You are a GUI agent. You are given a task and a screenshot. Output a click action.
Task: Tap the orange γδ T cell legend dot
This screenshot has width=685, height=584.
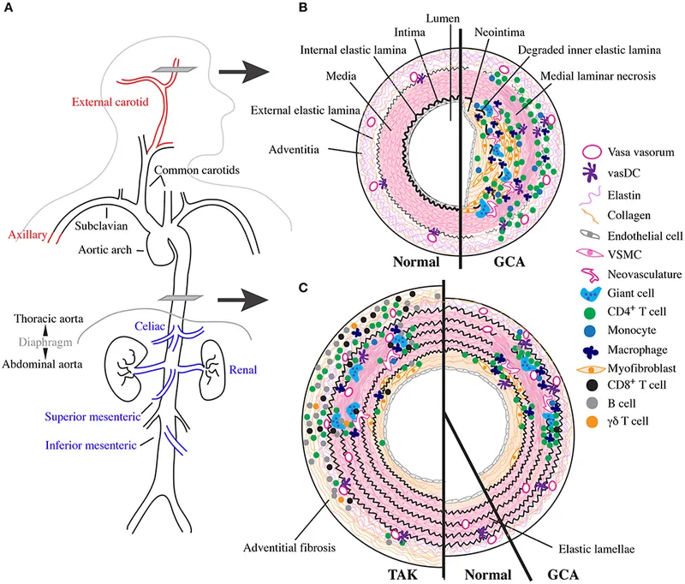click(590, 445)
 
